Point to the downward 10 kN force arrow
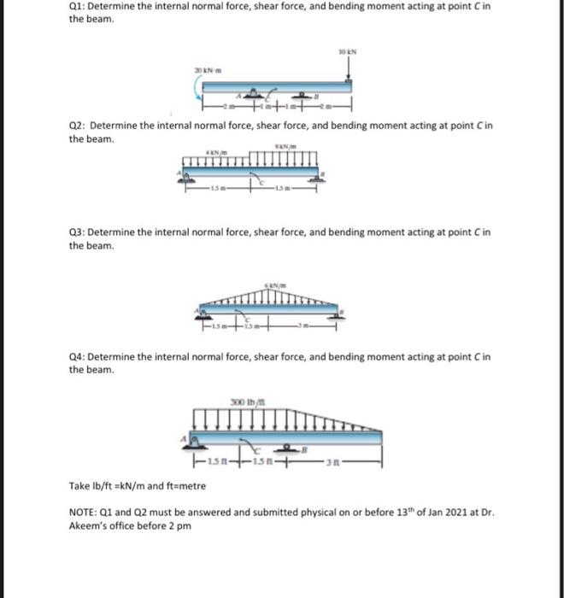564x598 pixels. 348,68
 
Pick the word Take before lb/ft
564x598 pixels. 79,484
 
